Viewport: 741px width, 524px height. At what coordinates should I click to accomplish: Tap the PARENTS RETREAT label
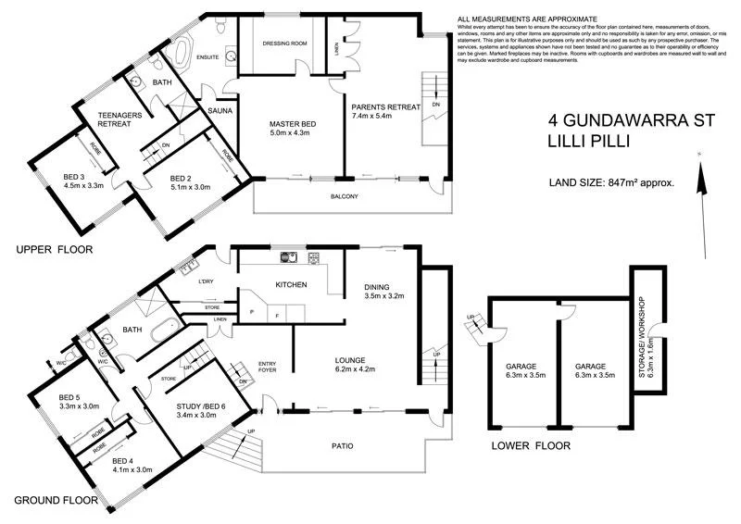click(x=385, y=106)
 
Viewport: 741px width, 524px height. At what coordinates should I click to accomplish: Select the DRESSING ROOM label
click(x=285, y=43)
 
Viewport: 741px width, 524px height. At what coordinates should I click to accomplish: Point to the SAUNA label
click(x=220, y=110)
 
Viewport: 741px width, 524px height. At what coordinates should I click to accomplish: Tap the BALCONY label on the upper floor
click(x=344, y=197)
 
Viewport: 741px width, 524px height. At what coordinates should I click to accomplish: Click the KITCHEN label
click(x=291, y=284)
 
